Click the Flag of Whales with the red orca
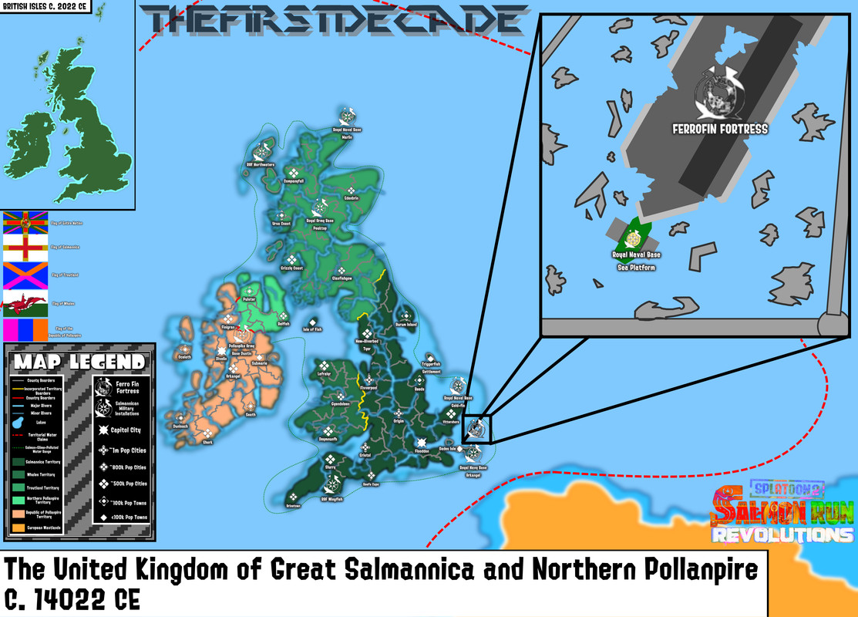25,303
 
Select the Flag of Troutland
25,275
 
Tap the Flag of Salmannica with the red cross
25,247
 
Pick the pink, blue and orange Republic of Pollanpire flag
25,330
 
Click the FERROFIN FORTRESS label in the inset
720,129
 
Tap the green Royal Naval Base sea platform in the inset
637,233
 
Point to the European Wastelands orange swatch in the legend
18,528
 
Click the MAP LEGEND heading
79,362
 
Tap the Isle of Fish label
312,329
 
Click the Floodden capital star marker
421,443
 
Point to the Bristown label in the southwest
293,505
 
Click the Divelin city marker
222,359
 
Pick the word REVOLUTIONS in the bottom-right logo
782,534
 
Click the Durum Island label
405,325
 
